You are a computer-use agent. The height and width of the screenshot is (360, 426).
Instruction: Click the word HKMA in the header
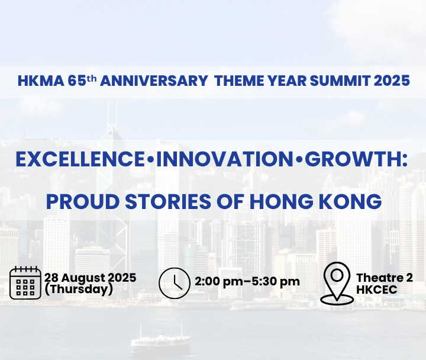click(41, 81)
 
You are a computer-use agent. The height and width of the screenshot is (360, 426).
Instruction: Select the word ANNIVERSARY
click(154, 81)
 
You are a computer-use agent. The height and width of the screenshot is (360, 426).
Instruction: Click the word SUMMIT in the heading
click(340, 81)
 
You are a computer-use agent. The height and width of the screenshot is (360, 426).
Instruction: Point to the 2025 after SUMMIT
click(392, 81)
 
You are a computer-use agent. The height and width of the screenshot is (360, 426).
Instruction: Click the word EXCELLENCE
click(80, 159)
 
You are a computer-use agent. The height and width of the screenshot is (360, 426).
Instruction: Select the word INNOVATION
click(224, 159)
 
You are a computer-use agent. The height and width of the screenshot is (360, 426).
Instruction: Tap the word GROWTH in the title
click(353, 159)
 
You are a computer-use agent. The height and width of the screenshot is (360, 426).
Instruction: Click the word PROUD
click(83, 201)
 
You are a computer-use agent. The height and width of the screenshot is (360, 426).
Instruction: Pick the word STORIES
click(168, 201)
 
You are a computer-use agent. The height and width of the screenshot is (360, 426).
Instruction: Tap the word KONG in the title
click(350, 201)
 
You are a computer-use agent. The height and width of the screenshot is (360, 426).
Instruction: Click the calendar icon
click(25, 283)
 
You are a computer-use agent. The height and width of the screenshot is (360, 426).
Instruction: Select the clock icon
click(175, 283)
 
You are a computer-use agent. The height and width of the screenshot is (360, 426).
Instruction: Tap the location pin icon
click(337, 283)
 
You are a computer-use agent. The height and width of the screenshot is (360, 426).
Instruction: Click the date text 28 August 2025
click(90, 278)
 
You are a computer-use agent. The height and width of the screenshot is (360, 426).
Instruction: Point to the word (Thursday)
click(79, 289)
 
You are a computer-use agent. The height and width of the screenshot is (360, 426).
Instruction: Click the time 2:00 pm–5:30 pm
click(247, 282)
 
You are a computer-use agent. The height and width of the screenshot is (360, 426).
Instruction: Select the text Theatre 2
click(385, 278)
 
